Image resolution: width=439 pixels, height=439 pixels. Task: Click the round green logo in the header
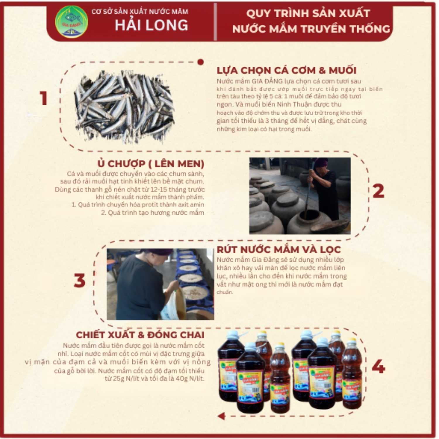(x=71, y=22)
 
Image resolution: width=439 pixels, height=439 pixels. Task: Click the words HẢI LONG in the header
(x=151, y=25)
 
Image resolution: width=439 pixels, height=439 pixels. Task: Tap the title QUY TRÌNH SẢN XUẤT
(x=308, y=13)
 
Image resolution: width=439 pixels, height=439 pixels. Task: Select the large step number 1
(x=44, y=98)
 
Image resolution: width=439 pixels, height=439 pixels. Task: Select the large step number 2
(x=378, y=191)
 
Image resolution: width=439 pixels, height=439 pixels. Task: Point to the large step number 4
(x=378, y=366)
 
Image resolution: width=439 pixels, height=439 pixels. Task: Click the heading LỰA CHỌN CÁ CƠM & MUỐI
(x=286, y=71)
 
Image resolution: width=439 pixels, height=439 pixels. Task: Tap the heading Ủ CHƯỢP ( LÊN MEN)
(x=151, y=164)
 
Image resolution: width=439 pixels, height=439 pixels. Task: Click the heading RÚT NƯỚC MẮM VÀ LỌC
(x=279, y=250)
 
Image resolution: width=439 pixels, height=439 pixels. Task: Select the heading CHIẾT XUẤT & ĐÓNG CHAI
(x=140, y=335)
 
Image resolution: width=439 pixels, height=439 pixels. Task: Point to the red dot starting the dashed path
(x=200, y=62)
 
